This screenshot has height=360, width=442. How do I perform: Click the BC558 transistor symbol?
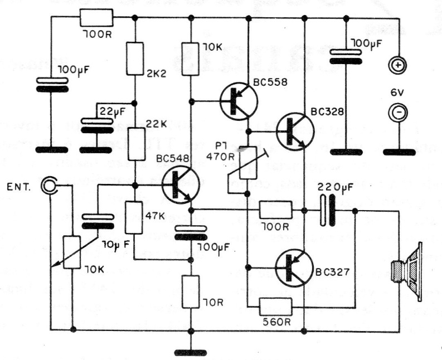[239, 101]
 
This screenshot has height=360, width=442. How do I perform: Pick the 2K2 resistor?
[134, 59]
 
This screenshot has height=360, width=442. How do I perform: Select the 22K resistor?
[134, 143]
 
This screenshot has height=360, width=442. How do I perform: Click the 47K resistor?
[134, 218]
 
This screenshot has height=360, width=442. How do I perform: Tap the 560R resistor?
[275, 306]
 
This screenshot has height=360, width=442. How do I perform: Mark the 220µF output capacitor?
[328, 210]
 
